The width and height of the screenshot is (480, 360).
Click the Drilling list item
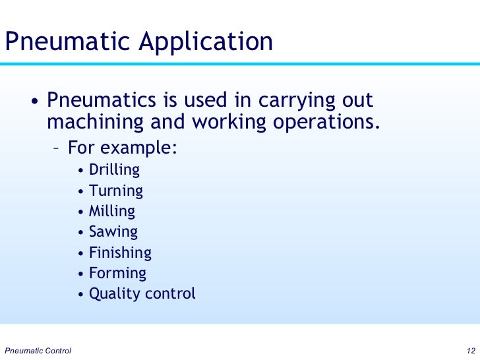click(114, 170)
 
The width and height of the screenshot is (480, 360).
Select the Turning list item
click(116, 191)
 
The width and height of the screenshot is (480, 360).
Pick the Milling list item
click(112, 212)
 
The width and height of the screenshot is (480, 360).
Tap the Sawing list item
click(113, 232)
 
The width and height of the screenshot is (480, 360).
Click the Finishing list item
click(120, 253)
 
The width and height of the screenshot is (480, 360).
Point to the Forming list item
click(117, 273)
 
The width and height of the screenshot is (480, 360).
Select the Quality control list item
click(142, 293)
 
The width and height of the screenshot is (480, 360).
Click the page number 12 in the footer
click(471, 349)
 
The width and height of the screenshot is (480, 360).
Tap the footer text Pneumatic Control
click(38, 349)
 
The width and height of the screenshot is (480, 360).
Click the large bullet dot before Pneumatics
click(33, 103)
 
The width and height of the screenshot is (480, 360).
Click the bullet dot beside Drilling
click(80, 171)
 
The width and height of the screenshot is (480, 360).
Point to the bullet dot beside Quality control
click(80, 295)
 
